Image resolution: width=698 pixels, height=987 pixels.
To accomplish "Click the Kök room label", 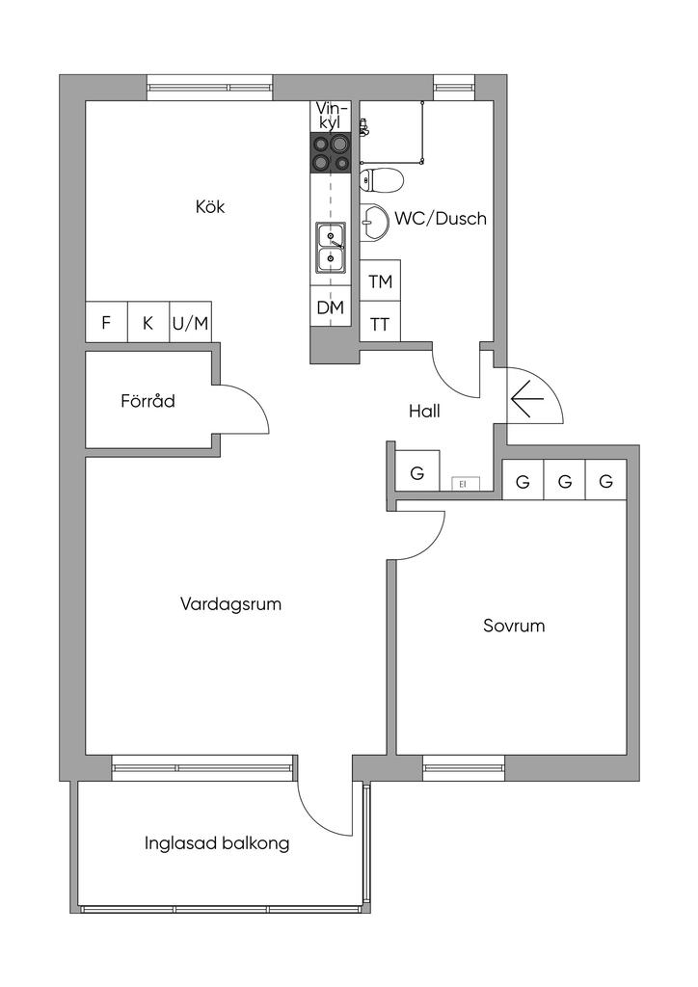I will tap(210, 206).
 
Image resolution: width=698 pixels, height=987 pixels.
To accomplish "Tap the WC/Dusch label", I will tap(440, 219).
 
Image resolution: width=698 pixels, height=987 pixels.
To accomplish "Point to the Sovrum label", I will tap(514, 626).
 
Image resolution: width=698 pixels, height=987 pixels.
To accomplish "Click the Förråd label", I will tap(148, 400).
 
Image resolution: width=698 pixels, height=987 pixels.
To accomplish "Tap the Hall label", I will tap(424, 412).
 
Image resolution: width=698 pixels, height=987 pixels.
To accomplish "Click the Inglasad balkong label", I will tap(217, 843).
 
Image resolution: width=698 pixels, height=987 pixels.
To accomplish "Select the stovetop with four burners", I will tap(331, 153).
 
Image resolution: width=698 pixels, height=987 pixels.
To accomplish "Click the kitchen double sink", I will tap(331, 247).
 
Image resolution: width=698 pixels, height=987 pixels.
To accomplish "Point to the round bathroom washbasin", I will tap(370, 221).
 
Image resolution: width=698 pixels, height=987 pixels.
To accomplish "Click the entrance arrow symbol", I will tap(527, 397).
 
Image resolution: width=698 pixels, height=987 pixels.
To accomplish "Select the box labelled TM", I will tap(381, 282).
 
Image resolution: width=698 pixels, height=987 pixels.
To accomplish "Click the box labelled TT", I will tap(381, 324).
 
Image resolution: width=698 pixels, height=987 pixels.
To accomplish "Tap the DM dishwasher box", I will tap(331, 308).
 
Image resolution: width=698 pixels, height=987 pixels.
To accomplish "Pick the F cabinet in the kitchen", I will tap(106, 323).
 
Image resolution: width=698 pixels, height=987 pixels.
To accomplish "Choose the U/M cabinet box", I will tap(190, 323).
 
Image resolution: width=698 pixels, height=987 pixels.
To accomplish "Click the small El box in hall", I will tap(462, 483).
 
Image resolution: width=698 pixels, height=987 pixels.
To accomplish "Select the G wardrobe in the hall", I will tap(417, 473).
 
